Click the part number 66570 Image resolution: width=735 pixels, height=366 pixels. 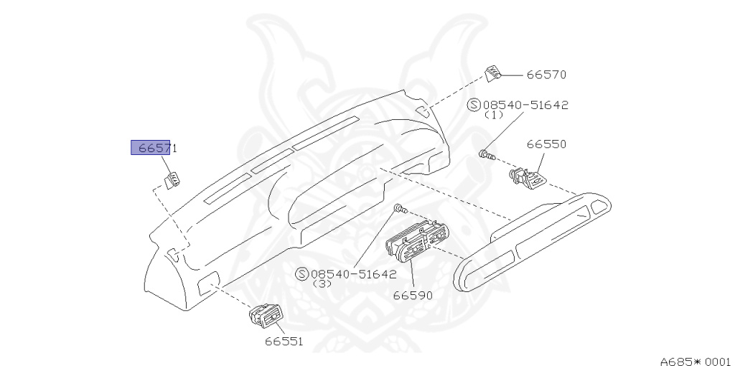coord(546,75)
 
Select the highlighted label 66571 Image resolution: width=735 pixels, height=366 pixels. coord(153,149)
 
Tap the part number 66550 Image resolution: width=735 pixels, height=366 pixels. coord(546,144)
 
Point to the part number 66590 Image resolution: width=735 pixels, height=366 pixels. coord(413,295)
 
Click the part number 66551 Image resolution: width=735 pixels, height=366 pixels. coord(282,341)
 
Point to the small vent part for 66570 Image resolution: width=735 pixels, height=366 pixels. coord(494,74)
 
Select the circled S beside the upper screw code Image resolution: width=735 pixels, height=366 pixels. coord(473,105)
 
